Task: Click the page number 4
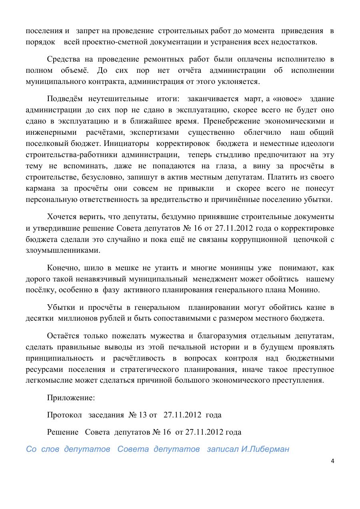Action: pos(332,461)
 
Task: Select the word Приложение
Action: pos(71,398)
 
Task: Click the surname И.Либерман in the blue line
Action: pos(265,449)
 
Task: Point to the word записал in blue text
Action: pos(223,449)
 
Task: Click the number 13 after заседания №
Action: pos(143,415)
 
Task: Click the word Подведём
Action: pos(65,99)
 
